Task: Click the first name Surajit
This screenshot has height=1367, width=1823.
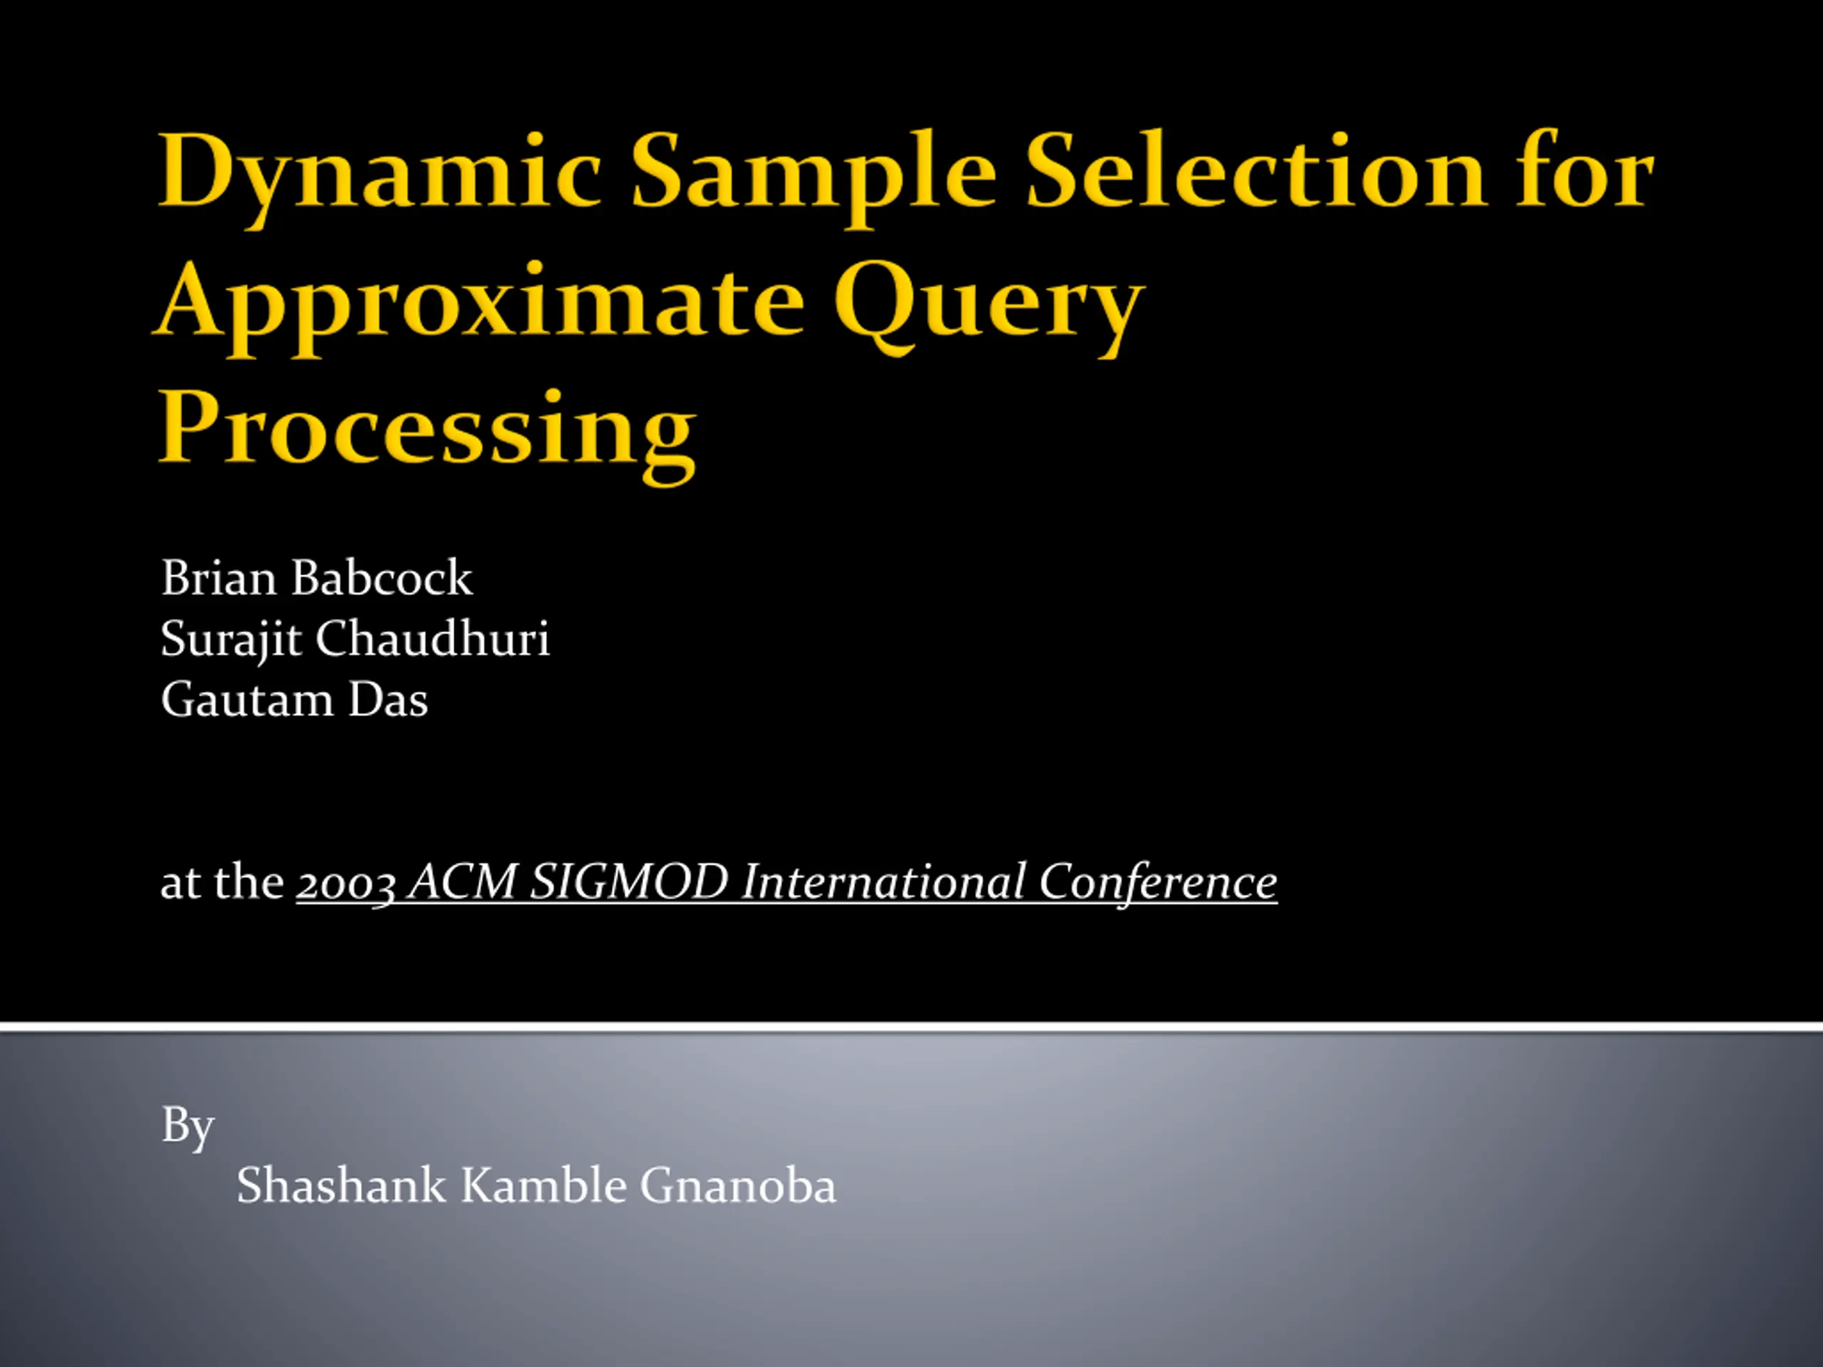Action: [x=231, y=640]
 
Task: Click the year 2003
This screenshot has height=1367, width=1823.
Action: [x=346, y=884]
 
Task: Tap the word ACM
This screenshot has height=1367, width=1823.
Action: [x=463, y=881]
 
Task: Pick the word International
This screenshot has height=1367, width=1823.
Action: [x=882, y=881]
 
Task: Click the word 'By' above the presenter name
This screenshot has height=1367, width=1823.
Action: [x=188, y=1126]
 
